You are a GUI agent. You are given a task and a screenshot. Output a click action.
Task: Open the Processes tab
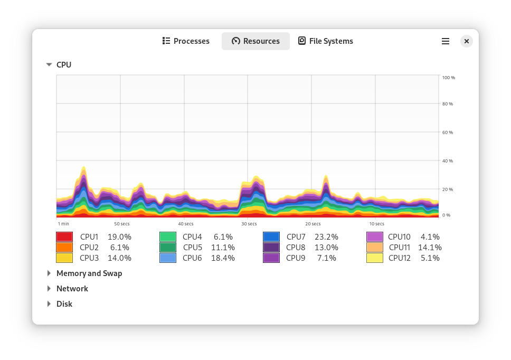pos(186,41)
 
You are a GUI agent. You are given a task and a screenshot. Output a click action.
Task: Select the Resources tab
pos(256,41)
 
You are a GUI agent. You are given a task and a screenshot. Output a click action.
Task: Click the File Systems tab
pos(325,41)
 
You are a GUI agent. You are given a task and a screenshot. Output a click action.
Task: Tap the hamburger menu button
pos(446,41)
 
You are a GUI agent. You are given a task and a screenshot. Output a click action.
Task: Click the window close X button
pos(466,41)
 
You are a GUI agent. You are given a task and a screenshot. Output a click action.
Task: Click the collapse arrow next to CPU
pos(49,64)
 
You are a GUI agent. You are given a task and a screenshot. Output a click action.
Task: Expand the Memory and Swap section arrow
pos(49,273)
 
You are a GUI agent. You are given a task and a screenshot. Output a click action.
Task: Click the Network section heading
pos(72,289)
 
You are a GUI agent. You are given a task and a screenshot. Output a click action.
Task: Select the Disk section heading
pos(64,304)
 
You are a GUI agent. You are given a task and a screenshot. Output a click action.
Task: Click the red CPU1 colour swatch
pos(64,237)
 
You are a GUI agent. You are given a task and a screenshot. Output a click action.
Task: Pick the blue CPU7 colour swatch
pos(271,237)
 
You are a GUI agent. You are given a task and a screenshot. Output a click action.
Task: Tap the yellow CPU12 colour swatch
pos(375,258)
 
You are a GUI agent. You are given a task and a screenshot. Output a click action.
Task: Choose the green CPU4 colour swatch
pos(168,237)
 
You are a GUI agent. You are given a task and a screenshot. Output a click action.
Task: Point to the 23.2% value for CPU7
pos(326,237)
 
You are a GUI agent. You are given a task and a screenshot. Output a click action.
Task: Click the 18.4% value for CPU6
pos(223,258)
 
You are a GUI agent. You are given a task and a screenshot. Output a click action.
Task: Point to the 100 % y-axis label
pos(449,78)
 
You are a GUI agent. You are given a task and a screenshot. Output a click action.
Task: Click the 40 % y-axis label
pos(448,161)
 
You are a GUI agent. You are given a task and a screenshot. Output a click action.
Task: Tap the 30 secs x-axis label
pos(249,224)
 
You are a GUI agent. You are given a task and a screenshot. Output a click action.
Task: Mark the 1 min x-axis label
pos(63,224)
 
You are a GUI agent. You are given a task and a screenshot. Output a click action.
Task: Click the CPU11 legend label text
pos(400,248)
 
